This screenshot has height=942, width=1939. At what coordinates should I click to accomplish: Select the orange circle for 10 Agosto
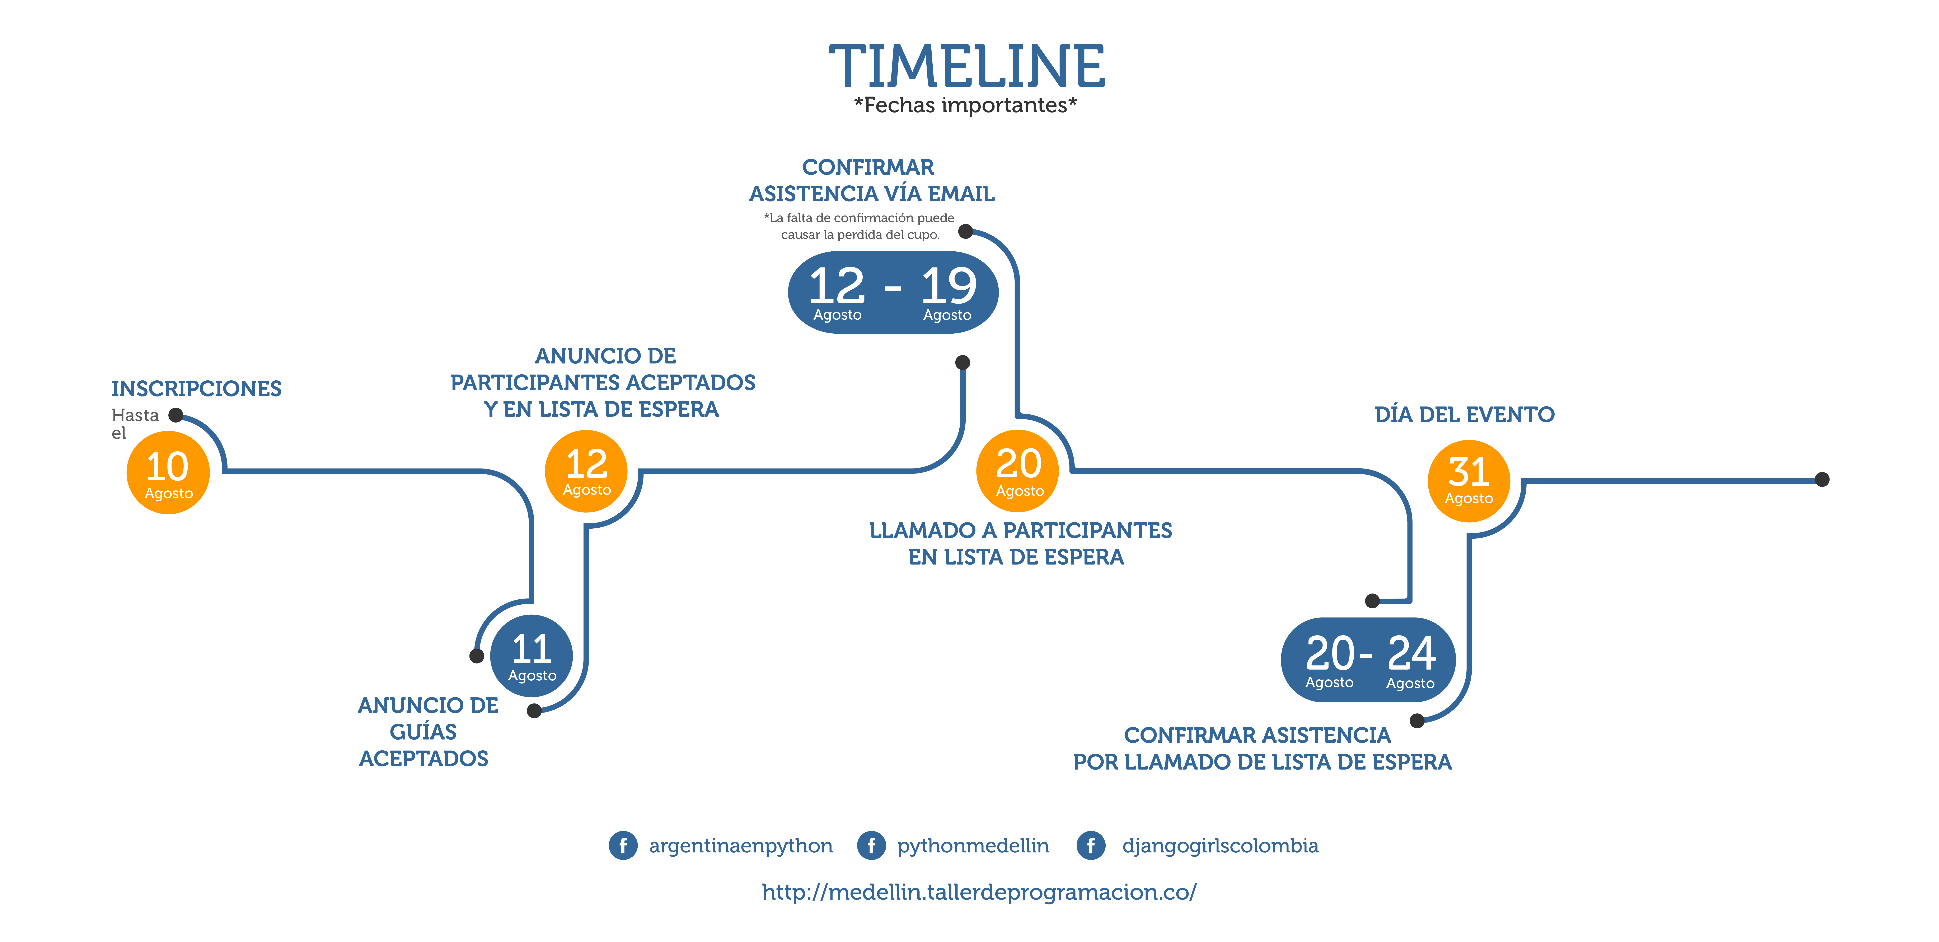coord(168,472)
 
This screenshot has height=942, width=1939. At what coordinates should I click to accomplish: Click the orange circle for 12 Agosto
coord(586,471)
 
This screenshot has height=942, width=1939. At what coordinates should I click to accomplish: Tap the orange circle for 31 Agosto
coord(1469,480)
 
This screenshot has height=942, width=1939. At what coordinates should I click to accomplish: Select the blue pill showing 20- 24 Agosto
coord(1368,660)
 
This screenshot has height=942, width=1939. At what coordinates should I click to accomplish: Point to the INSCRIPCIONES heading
coord(196,389)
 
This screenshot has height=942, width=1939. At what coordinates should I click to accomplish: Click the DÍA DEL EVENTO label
coord(1464,415)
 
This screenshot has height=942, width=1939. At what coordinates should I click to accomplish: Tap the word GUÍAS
coord(423,731)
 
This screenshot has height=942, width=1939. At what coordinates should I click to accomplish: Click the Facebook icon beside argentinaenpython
coord(623,846)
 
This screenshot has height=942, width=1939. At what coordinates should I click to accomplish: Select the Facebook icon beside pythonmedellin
coord(871,846)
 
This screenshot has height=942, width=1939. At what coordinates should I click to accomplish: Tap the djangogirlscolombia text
coord(1220,846)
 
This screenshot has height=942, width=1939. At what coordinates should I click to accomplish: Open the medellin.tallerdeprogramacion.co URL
coord(979,892)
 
